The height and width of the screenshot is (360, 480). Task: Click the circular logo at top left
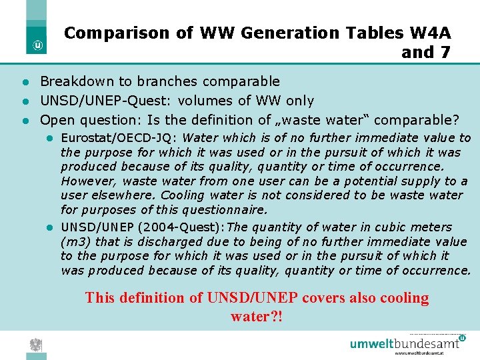click(x=39, y=46)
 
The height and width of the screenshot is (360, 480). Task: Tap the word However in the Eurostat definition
click(x=85, y=181)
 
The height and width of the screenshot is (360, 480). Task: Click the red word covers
click(x=325, y=298)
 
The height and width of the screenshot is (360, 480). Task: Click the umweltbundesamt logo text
click(x=405, y=344)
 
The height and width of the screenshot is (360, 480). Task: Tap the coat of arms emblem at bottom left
click(x=35, y=345)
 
